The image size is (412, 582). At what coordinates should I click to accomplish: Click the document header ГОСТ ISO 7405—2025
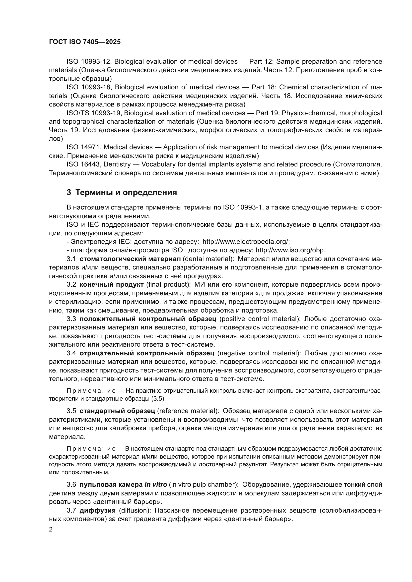tap(85, 42)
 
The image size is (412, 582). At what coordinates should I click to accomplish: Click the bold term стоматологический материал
tap(130, 259)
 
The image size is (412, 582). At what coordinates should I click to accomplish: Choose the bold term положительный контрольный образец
tap(148, 319)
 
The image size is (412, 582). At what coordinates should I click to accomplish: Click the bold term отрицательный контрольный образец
tap(147, 353)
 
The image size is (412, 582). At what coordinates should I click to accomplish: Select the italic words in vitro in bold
tap(155, 485)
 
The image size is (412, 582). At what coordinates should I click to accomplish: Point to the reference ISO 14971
tap(83, 147)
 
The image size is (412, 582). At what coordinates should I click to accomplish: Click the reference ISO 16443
tap(84, 164)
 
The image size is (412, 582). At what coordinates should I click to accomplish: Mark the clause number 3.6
tap(71, 485)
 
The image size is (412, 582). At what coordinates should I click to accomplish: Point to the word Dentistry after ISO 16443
tap(117, 164)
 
